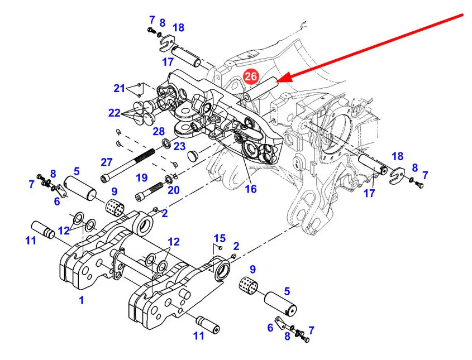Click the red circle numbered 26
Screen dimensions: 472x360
tap(251, 76)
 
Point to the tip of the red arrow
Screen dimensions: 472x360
tap(277, 81)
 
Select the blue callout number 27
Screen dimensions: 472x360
tap(107, 162)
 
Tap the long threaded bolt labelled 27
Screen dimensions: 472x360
tap(127, 165)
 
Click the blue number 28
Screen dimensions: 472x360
tap(159, 131)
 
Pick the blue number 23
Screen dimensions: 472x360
tap(179, 146)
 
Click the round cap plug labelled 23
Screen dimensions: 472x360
tap(193, 156)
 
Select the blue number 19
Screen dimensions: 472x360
tap(141, 177)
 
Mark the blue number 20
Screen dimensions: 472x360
tap(174, 190)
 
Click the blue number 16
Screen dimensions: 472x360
tap(251, 189)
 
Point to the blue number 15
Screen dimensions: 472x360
tap(220, 238)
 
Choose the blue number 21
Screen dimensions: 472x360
tap(119, 88)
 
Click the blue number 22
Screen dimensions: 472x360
tap(115, 113)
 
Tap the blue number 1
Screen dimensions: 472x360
tap(82, 300)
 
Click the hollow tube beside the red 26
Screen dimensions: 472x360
tap(261, 89)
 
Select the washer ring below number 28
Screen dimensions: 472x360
tap(166, 142)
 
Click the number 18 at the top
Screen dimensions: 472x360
tap(179, 28)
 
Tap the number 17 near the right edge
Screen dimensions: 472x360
tap(369, 193)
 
